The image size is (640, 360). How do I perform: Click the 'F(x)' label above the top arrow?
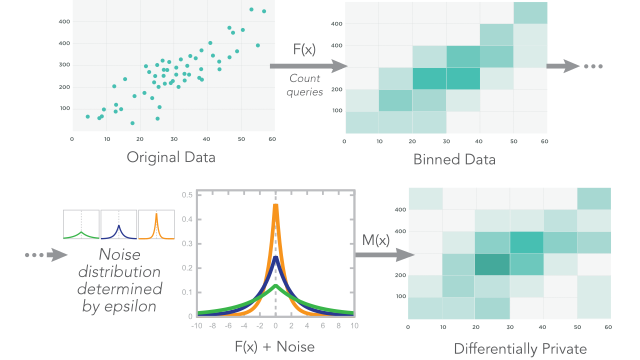click(306, 49)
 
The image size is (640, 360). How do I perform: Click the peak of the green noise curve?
click(275, 286)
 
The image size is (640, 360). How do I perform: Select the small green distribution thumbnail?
click(81, 226)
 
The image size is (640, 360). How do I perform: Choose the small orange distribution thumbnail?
click(154, 226)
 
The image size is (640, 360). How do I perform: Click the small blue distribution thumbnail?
click(117, 226)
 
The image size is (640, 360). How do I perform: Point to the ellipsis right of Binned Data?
click(596, 66)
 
